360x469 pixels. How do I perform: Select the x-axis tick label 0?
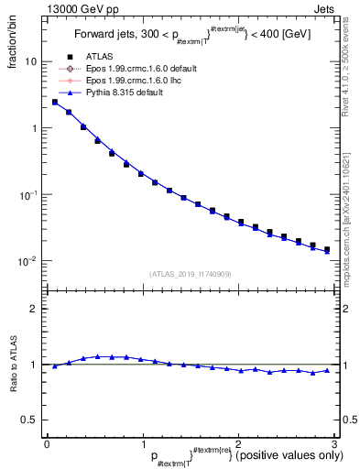(47, 443)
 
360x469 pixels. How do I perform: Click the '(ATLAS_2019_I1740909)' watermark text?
(189, 274)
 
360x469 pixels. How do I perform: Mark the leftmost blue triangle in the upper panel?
(55, 102)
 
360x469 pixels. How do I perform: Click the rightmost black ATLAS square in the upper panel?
(326, 249)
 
